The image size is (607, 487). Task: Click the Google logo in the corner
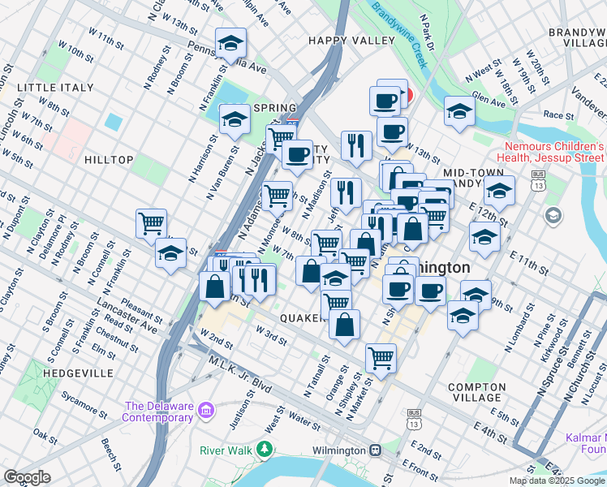pos(28,477)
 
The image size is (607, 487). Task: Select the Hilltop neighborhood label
pos(108,160)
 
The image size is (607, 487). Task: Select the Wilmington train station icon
pos(375,450)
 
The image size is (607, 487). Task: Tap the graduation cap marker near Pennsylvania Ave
pos(230,41)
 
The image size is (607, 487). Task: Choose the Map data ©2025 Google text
pos(557,481)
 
